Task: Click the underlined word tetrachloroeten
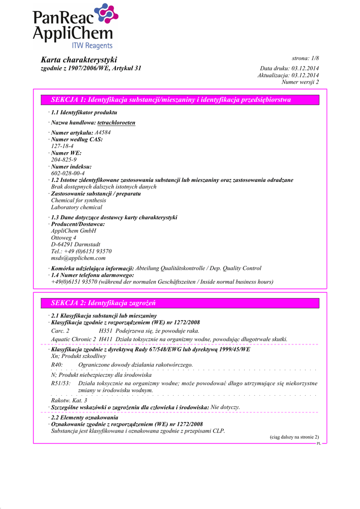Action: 116,122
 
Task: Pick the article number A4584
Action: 102,133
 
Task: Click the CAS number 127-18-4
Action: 62,146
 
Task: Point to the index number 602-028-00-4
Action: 68,173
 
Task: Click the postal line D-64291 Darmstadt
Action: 76,245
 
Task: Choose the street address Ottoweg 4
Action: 64,238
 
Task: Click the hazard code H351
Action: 105,331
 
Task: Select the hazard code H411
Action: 105,339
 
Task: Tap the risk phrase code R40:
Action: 57,364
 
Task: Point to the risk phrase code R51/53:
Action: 61,383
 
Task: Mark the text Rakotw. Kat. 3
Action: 69,400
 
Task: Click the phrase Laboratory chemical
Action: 77,207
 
